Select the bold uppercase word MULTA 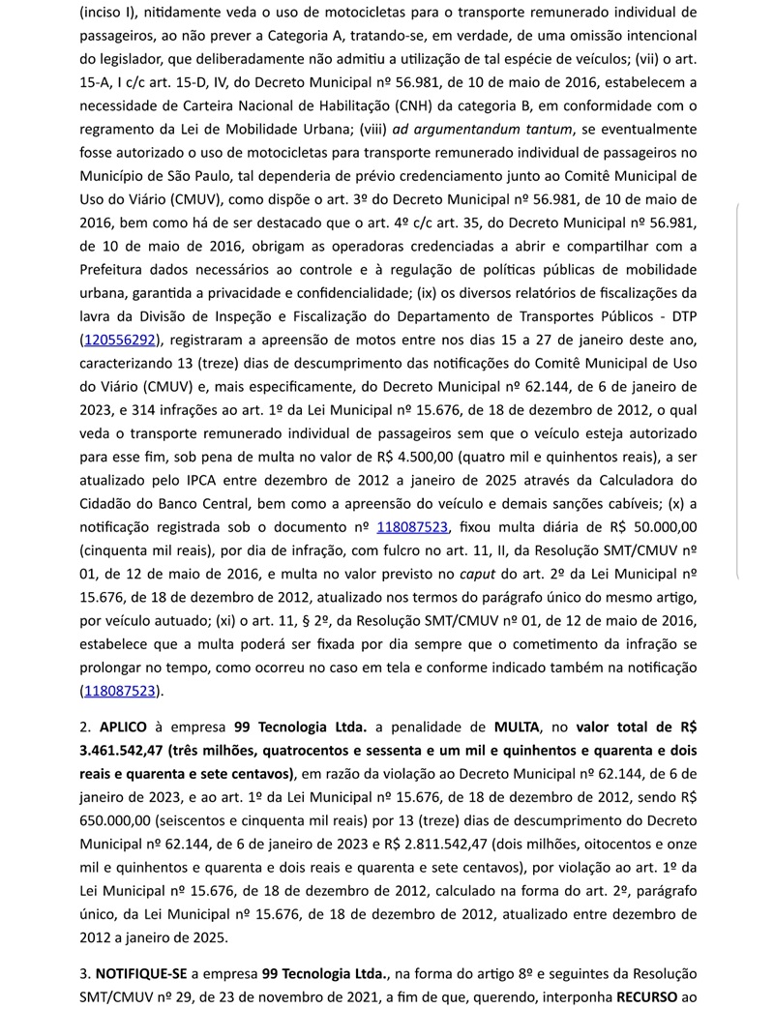pyautogui.click(x=517, y=727)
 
